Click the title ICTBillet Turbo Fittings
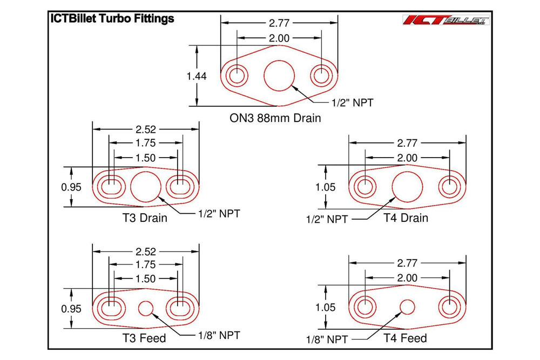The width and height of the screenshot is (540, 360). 112,18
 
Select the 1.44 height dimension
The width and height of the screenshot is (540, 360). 196,76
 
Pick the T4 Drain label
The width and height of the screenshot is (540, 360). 406,218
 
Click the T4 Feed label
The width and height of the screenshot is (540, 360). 405,338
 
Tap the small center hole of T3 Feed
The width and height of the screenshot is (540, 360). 146,308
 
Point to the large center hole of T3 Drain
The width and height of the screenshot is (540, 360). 146,187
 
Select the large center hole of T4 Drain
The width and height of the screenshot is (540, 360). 407,187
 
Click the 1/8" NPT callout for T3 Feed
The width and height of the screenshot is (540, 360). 218,335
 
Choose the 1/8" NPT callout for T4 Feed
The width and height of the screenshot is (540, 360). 327,340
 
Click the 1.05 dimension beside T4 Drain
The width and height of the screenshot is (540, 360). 325,187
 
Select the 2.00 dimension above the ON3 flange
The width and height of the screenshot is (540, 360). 279,38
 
